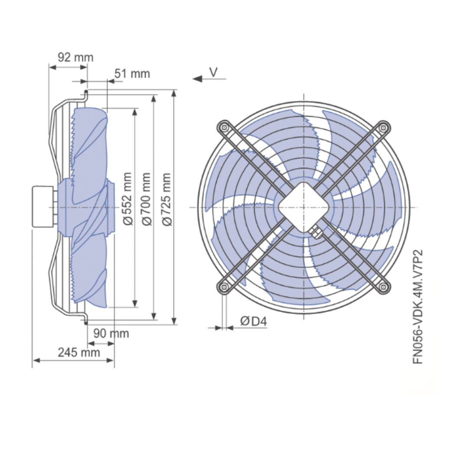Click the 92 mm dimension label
pyautogui.click(x=75, y=57)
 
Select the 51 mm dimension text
pyautogui.click(x=132, y=74)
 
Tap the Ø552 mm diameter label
pyautogui.click(x=127, y=199)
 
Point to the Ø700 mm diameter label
pyautogui.click(x=147, y=199)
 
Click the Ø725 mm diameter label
pyautogui.click(x=167, y=199)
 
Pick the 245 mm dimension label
pyautogui.click(x=79, y=352)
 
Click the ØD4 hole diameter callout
pyautogui.click(x=253, y=321)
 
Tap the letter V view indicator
pyautogui.click(x=214, y=72)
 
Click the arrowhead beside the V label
pyautogui.click(x=198, y=79)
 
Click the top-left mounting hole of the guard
pyautogui.click(x=224, y=128)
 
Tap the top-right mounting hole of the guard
pyautogui.click(x=383, y=128)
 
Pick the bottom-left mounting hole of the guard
pyautogui.click(x=224, y=286)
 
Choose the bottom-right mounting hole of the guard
pyautogui.click(x=383, y=286)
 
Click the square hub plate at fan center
pyautogui.click(x=303, y=207)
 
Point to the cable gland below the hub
pyautogui.click(x=316, y=231)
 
